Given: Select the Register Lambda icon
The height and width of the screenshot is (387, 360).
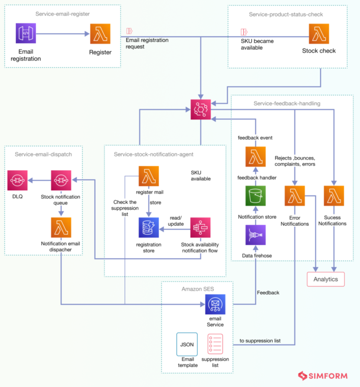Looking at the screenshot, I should pyautogui.click(x=100, y=34).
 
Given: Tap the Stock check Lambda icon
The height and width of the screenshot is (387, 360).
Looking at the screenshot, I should pyautogui.click(x=320, y=34).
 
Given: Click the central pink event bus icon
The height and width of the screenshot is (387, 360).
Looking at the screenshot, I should pyautogui.click(x=201, y=110).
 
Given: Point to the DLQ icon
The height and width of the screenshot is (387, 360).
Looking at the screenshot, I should pyautogui.click(x=18, y=180).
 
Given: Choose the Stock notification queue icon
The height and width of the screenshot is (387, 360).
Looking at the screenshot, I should pyautogui.click(x=61, y=180).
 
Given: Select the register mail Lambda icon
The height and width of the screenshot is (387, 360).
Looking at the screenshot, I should pyautogui.click(x=149, y=176).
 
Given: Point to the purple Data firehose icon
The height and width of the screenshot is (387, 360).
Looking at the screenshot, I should pyautogui.click(x=256, y=235).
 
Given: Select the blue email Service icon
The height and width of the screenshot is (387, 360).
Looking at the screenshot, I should pyautogui.click(x=215, y=305).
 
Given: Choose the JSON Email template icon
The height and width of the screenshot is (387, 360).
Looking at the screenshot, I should pyautogui.click(x=186, y=344).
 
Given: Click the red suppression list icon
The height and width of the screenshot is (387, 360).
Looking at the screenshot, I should pyautogui.click(x=215, y=344).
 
